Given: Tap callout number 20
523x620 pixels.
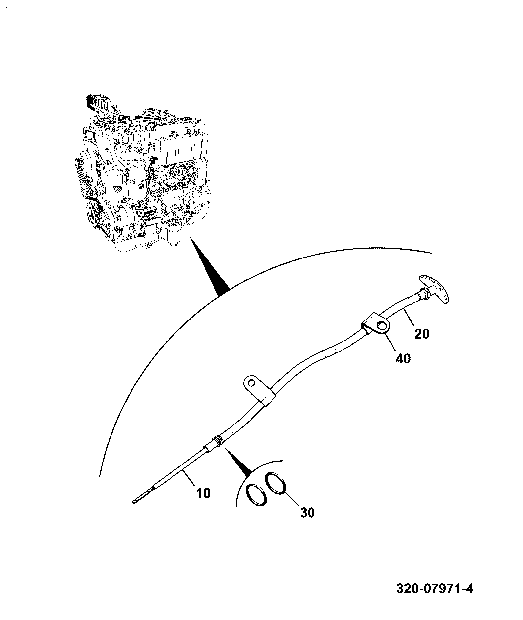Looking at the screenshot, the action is tap(421, 334).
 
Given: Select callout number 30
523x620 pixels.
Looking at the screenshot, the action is tap(307, 522).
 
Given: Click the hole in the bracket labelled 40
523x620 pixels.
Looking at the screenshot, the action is tap(382, 325).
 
